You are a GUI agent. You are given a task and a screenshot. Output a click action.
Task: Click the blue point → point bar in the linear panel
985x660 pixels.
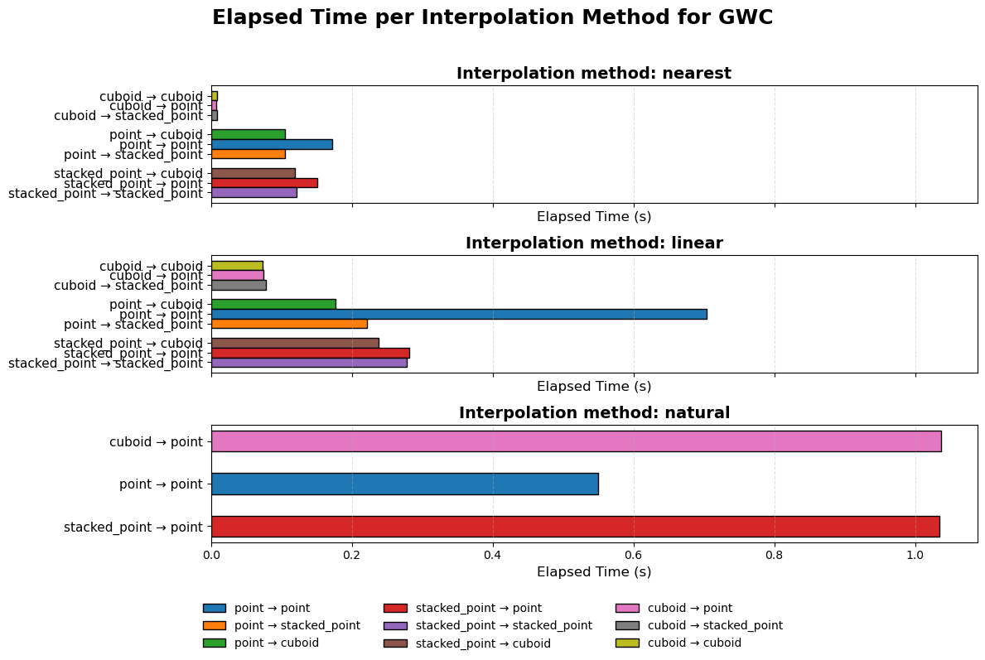(459, 314)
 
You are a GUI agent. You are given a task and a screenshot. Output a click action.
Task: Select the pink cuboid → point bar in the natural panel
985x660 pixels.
(576, 441)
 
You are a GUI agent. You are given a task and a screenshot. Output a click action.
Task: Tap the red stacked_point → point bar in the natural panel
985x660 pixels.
(575, 527)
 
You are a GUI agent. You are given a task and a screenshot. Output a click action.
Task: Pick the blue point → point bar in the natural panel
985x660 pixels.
(404, 484)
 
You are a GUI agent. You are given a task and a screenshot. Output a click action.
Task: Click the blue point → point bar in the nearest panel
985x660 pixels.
(272, 144)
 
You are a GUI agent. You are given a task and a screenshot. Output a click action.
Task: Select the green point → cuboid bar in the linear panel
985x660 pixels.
(273, 304)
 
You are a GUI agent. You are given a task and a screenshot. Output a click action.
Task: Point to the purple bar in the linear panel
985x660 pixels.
(309, 363)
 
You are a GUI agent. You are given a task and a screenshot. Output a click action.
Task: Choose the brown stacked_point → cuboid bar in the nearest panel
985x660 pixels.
(253, 173)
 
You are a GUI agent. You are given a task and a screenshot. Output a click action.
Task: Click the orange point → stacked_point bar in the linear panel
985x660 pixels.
(289, 324)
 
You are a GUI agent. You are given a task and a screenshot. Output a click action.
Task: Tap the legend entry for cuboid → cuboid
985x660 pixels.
(694, 643)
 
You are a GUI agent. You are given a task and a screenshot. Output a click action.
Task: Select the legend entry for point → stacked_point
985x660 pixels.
(297, 625)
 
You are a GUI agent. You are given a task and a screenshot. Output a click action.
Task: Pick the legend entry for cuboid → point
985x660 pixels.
(690, 608)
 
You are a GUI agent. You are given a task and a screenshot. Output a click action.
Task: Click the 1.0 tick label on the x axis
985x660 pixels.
(915, 553)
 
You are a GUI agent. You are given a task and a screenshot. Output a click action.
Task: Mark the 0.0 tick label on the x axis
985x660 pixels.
(211, 553)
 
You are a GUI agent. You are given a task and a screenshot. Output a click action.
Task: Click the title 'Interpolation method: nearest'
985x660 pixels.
(594, 74)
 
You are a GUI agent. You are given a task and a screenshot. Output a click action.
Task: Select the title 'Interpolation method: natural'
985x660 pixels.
(594, 413)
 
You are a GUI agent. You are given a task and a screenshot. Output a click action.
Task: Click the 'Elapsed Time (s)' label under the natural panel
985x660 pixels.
(594, 572)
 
